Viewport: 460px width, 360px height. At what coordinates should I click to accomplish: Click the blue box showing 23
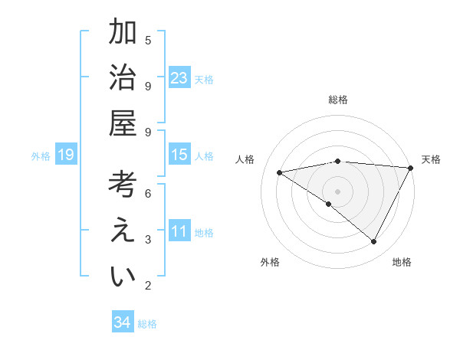point(179,78)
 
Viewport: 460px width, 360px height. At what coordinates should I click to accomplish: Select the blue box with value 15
point(179,155)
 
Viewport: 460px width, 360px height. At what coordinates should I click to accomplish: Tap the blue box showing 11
point(179,232)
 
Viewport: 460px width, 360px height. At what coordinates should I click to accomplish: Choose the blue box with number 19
point(65,155)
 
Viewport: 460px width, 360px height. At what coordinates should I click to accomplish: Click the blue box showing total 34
point(123,322)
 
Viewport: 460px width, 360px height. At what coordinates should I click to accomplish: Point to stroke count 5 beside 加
point(148,40)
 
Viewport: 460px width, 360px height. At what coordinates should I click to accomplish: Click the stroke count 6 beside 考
point(148,193)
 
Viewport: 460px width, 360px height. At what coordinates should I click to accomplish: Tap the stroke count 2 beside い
point(148,286)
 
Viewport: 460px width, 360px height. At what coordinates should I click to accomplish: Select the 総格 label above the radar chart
point(337,100)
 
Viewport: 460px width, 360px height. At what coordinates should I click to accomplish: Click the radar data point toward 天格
point(411,168)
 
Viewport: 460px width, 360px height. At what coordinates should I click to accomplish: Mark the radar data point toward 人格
point(280,172)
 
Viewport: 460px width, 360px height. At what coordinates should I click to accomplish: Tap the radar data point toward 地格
point(373,241)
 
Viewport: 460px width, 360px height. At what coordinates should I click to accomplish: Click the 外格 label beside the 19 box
point(41,156)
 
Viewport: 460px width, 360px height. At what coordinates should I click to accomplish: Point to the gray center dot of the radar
point(337,191)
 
